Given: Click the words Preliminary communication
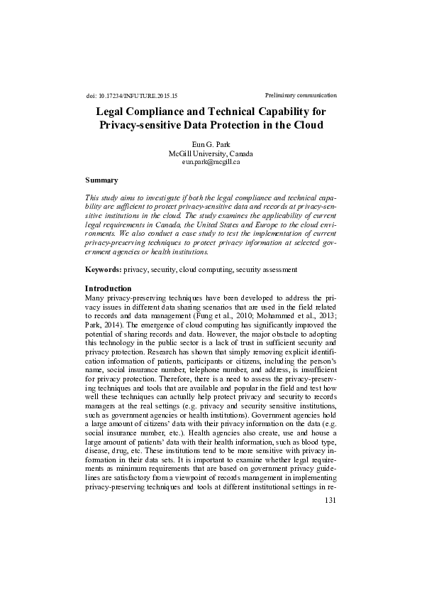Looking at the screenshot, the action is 300,94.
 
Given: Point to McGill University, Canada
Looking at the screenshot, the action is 211,153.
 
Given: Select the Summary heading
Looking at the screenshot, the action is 101,180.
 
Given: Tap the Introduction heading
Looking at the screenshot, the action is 108,288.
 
